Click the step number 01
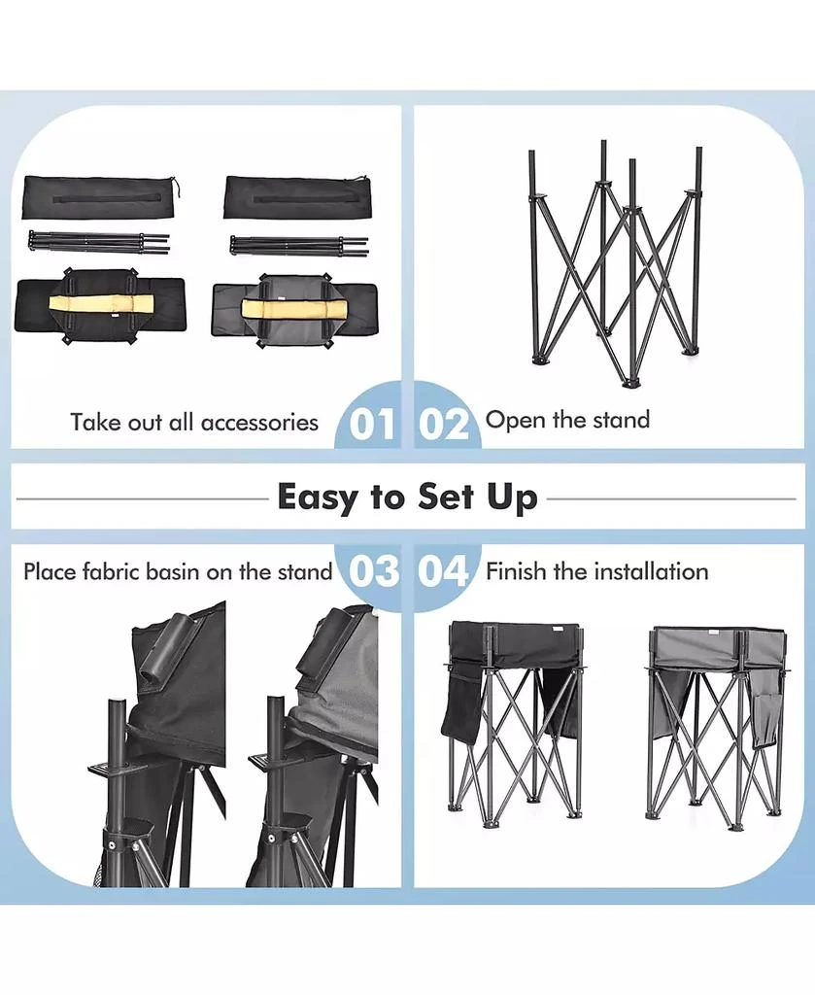tap(373, 425)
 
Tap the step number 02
tap(444, 425)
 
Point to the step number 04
tap(444, 571)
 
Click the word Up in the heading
tap(512, 497)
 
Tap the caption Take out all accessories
tap(194, 422)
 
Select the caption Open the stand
tap(567, 420)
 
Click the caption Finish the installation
tap(596, 571)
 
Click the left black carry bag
tap(100, 197)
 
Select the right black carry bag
tap(297, 197)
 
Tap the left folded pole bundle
tap(98, 242)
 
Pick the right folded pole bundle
tap(299, 245)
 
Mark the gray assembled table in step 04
tap(716, 719)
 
